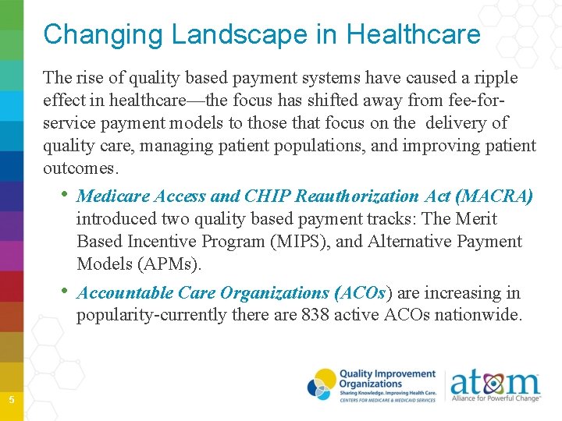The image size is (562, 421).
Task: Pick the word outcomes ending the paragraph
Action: (x=81, y=168)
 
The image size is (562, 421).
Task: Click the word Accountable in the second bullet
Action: (x=125, y=293)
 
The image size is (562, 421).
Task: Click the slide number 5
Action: (x=11, y=400)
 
